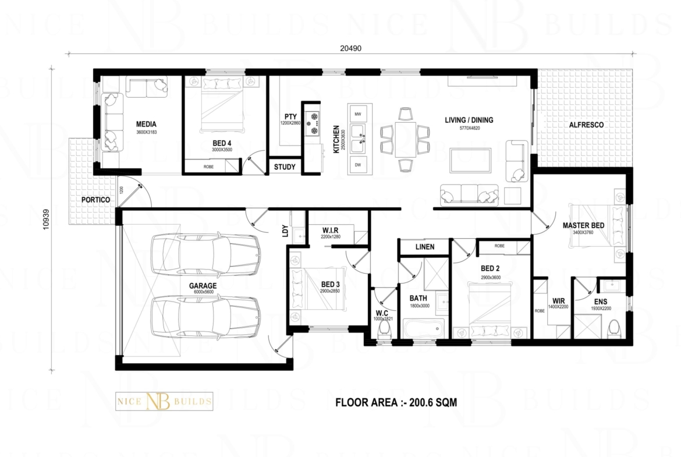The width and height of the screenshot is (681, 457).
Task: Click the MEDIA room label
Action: pos(146,123)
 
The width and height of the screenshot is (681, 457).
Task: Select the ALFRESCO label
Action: pos(586,125)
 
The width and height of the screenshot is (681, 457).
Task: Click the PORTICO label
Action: pos(96,200)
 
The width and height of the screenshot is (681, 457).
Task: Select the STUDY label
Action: pos(285,167)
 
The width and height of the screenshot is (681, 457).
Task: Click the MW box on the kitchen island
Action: pos(357,114)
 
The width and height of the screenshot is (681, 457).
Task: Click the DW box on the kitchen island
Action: pos(357,165)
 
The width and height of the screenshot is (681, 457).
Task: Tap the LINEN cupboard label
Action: pos(424,247)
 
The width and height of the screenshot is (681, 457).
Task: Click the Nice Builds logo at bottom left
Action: pos(162,402)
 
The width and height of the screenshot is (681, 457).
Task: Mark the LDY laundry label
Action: pos(285,231)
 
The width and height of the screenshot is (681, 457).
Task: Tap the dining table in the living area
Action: pos(405,139)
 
